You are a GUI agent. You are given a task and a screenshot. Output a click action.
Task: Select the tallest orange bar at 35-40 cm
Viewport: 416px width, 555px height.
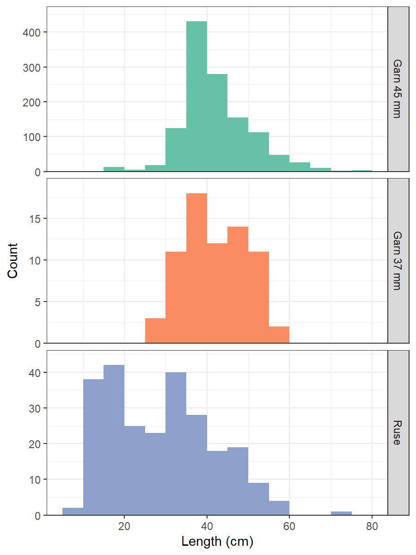pyautogui.click(x=196, y=268)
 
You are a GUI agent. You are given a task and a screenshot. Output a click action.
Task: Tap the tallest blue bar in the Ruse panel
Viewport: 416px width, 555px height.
pyautogui.click(x=114, y=439)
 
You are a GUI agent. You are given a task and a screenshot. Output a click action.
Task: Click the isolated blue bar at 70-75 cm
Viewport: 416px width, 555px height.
pyautogui.click(x=341, y=513)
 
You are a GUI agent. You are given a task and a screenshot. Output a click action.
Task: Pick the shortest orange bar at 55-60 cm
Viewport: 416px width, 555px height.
pyautogui.click(x=279, y=335)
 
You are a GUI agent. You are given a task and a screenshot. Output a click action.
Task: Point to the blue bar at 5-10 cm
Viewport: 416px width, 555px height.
pyautogui.click(x=73, y=511)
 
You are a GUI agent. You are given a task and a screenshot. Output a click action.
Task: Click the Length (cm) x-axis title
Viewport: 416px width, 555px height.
pyautogui.click(x=217, y=541)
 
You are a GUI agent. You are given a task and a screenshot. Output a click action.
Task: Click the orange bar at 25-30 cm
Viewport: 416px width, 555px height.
pyautogui.click(x=155, y=331)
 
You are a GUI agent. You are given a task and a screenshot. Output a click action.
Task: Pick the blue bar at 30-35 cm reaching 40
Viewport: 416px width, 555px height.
pyautogui.click(x=176, y=444)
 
